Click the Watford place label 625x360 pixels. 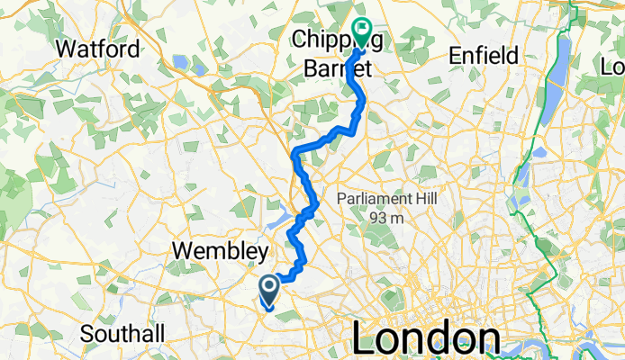click(x=97, y=48)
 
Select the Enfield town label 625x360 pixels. click(x=485, y=56)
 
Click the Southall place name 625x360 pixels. click(x=122, y=334)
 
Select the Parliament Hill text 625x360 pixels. click(x=385, y=198)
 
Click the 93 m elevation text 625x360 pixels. click(x=385, y=217)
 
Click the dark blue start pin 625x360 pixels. click(x=268, y=291)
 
